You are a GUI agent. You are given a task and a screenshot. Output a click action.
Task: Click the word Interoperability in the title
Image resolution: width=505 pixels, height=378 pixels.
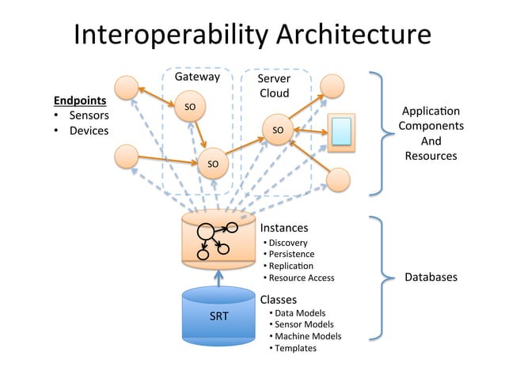click(x=168, y=36)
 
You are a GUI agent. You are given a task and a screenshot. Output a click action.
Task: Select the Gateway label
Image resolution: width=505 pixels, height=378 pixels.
click(x=196, y=77)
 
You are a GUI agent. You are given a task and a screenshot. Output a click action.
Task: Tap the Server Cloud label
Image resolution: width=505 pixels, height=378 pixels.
click(x=274, y=86)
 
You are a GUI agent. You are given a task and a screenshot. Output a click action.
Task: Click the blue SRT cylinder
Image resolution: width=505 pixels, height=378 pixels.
click(x=218, y=316)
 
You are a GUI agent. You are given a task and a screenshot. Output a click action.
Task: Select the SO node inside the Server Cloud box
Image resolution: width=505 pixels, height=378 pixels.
click(x=277, y=130)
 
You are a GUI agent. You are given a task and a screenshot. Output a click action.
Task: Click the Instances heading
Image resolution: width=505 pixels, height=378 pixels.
click(x=284, y=228)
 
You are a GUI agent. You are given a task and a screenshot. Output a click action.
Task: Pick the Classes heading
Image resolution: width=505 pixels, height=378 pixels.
click(x=279, y=300)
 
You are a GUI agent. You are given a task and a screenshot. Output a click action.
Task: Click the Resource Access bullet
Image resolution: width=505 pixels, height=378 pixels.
click(x=301, y=278)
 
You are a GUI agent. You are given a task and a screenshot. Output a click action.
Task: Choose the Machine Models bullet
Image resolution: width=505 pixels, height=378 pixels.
click(x=307, y=336)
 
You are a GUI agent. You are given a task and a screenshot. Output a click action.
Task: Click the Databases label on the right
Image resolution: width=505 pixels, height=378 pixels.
click(x=431, y=278)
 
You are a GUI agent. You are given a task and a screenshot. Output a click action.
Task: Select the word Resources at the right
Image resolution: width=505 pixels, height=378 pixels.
click(x=431, y=156)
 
